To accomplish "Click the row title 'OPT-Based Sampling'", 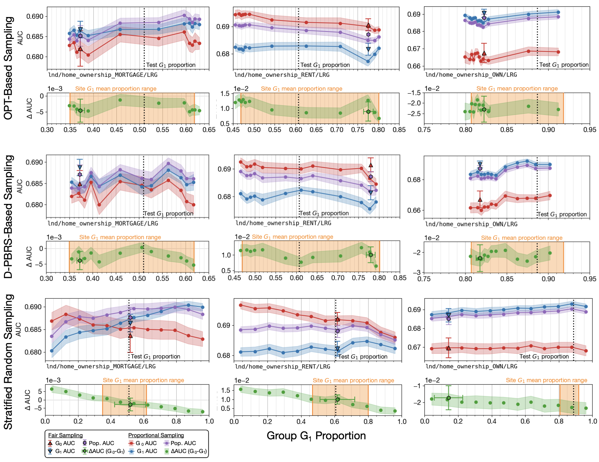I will (9, 68).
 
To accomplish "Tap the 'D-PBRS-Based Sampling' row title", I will (9, 217).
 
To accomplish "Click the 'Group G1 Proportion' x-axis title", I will (316, 436).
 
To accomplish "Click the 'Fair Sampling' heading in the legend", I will (66, 435).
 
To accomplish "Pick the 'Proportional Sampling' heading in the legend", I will (156, 435).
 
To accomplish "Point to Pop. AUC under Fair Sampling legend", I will (98, 443).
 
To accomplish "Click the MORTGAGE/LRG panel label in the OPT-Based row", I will (103, 75).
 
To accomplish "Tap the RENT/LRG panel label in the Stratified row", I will (283, 367).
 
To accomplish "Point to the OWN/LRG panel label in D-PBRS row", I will (471, 224).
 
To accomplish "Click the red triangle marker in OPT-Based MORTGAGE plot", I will (80, 49).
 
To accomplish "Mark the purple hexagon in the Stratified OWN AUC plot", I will (449, 319).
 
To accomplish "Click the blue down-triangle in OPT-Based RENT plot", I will (368, 49).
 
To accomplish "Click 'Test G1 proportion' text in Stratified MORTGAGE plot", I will (155, 356).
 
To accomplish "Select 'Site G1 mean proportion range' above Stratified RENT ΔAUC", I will (353, 380).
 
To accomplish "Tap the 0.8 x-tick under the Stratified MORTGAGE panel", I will (176, 421).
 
